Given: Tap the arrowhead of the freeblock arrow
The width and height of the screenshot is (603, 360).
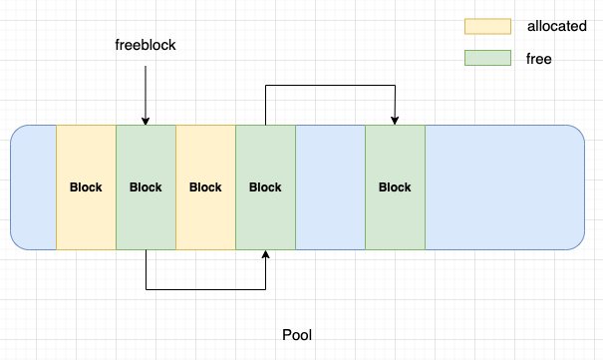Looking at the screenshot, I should point(146,121).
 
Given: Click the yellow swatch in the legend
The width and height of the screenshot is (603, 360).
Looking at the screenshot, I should point(487,26).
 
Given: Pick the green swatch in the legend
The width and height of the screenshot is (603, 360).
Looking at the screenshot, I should point(487,59).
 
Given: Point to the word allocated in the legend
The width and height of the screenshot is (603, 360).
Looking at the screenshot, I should point(556,26).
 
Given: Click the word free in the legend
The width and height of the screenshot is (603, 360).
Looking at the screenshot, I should point(539,59).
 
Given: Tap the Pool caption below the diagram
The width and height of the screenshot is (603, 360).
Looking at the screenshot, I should point(297,335).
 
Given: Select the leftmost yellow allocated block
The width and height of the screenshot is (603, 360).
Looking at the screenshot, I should point(86,187).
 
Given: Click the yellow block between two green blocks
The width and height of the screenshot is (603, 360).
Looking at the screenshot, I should point(205,187).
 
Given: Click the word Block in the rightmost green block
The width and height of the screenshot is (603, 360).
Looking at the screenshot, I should point(395,187).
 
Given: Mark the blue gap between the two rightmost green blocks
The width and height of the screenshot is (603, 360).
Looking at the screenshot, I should point(330,187).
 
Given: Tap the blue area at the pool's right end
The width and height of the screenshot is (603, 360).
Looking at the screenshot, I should point(503,187).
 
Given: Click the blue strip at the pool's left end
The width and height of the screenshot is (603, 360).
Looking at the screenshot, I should point(34,187).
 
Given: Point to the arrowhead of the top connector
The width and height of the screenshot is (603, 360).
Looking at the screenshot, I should point(395,121).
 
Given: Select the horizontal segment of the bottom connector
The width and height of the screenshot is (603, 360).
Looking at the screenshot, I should point(205,290).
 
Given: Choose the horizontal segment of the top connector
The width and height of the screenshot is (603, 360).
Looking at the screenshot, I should point(330,87).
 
